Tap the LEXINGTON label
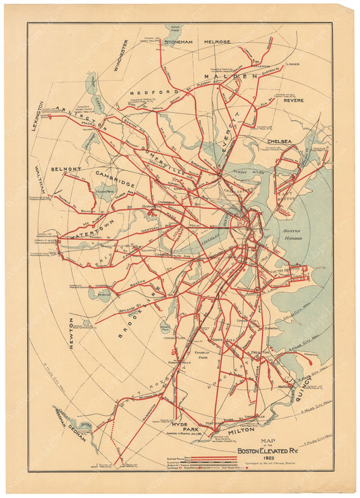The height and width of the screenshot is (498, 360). (x=39, y=116)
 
